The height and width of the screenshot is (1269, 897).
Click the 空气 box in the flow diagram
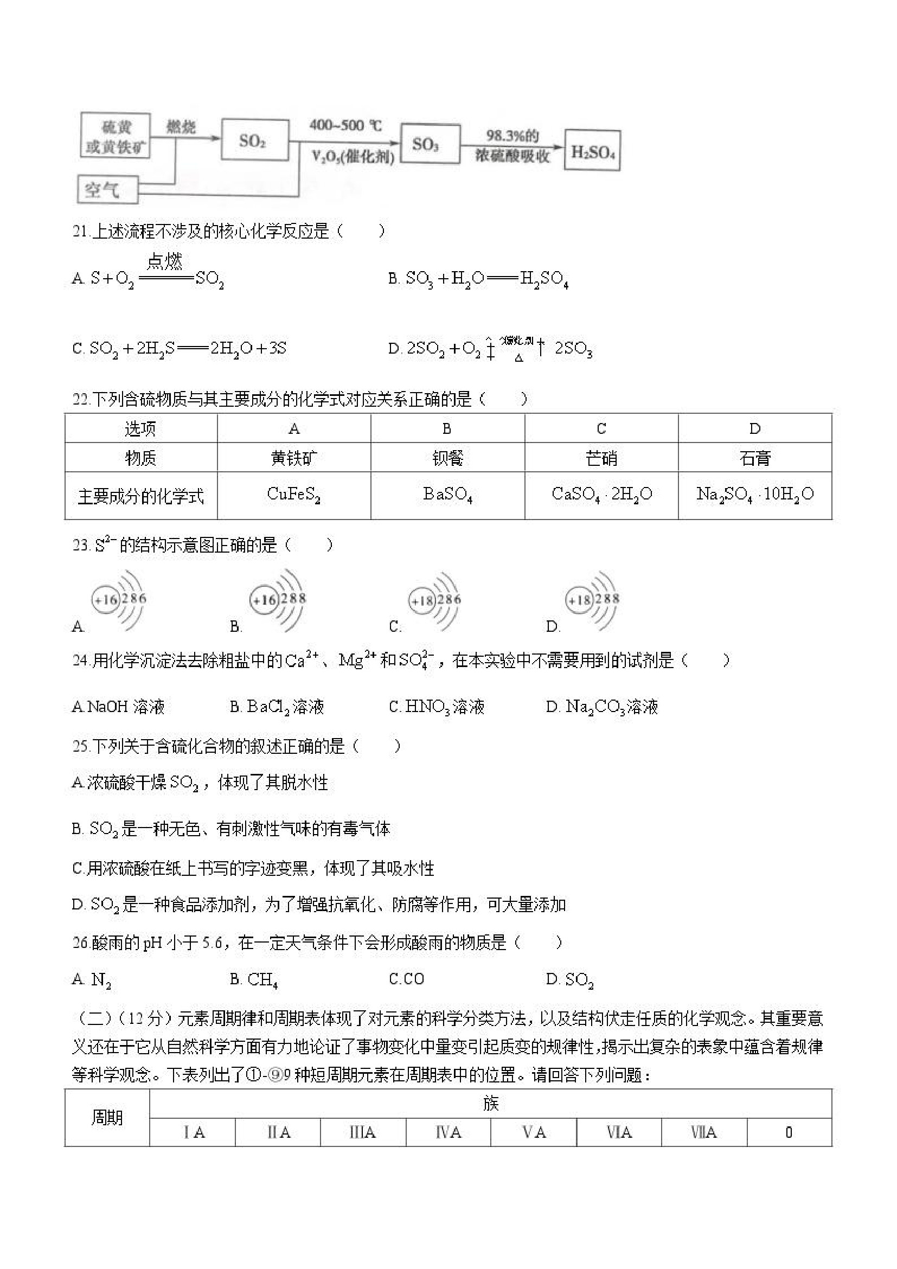[x=107, y=190]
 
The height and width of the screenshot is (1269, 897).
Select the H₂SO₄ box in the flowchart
[x=592, y=151]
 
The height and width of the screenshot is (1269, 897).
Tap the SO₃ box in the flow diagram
[x=430, y=144]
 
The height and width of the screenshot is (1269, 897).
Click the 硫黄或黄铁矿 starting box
[x=116, y=136]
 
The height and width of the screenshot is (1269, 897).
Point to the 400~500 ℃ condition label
[x=345, y=126]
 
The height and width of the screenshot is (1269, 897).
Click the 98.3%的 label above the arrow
[x=512, y=136]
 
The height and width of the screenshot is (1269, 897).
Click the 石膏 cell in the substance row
[x=754, y=458]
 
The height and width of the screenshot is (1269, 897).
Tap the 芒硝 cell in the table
[x=601, y=458]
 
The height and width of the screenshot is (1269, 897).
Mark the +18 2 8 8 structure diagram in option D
[x=592, y=600]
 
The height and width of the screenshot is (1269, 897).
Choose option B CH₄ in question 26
[x=254, y=980]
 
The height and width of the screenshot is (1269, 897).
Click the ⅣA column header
[x=447, y=1132]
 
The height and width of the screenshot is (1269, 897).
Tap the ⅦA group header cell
[x=703, y=1132]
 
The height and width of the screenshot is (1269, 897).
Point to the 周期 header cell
[x=107, y=1118]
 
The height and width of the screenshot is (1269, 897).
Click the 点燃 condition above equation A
[x=164, y=261]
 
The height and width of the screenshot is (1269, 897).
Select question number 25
[x=80, y=746]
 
